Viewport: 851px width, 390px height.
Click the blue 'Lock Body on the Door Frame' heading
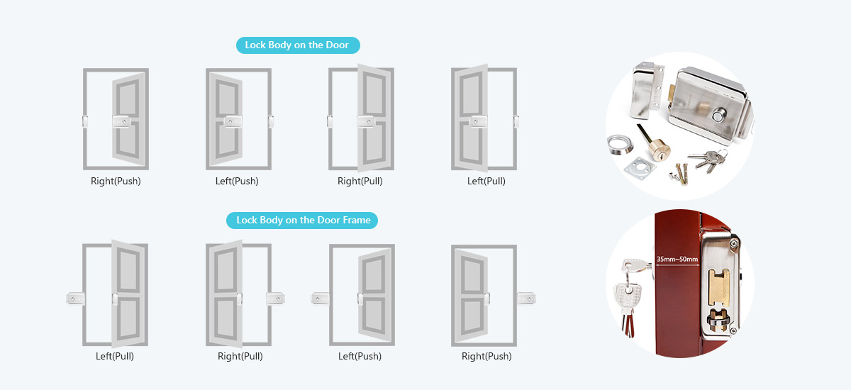(302, 221)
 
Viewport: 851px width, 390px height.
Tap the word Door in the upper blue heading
(337, 45)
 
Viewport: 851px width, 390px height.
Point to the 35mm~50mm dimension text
(677, 259)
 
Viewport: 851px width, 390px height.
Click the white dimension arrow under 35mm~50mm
(677, 265)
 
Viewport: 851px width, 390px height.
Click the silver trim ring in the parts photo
(620, 145)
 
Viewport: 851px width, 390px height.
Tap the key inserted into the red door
(637, 266)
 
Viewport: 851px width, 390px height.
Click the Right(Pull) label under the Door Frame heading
(240, 356)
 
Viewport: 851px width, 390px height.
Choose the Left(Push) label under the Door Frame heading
(360, 356)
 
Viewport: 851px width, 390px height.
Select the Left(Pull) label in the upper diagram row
(486, 181)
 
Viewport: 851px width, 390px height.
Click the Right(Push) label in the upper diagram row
(116, 181)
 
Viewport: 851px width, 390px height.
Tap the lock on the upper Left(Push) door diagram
(233, 122)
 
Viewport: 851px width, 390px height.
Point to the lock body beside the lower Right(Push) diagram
(526, 299)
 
